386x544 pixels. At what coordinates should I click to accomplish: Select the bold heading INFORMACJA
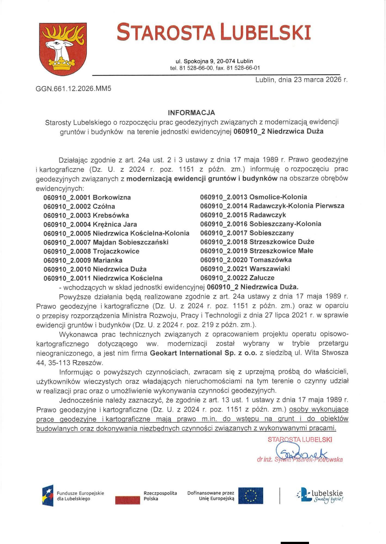pyautogui.click(x=192, y=113)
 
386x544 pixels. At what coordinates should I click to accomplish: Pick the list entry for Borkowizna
pyautogui.click(x=87, y=197)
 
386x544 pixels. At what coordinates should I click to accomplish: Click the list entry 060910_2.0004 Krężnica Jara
pyautogui.click(x=90, y=224)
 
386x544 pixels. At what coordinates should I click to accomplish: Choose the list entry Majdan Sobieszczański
pyautogui.click(x=106, y=242)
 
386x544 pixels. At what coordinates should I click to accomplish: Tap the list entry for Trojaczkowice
pyautogui.click(x=91, y=251)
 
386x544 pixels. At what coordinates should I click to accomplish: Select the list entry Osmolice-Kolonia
pyautogui.click(x=254, y=197)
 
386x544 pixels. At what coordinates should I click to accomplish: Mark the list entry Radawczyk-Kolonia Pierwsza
pyautogui.click(x=272, y=206)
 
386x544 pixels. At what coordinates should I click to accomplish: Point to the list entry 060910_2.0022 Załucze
pyautogui.click(x=237, y=278)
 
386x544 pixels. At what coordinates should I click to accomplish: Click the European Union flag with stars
pyautogui.click(x=251, y=496)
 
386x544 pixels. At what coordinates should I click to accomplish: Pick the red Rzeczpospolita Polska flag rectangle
pyautogui.click(x=127, y=500)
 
